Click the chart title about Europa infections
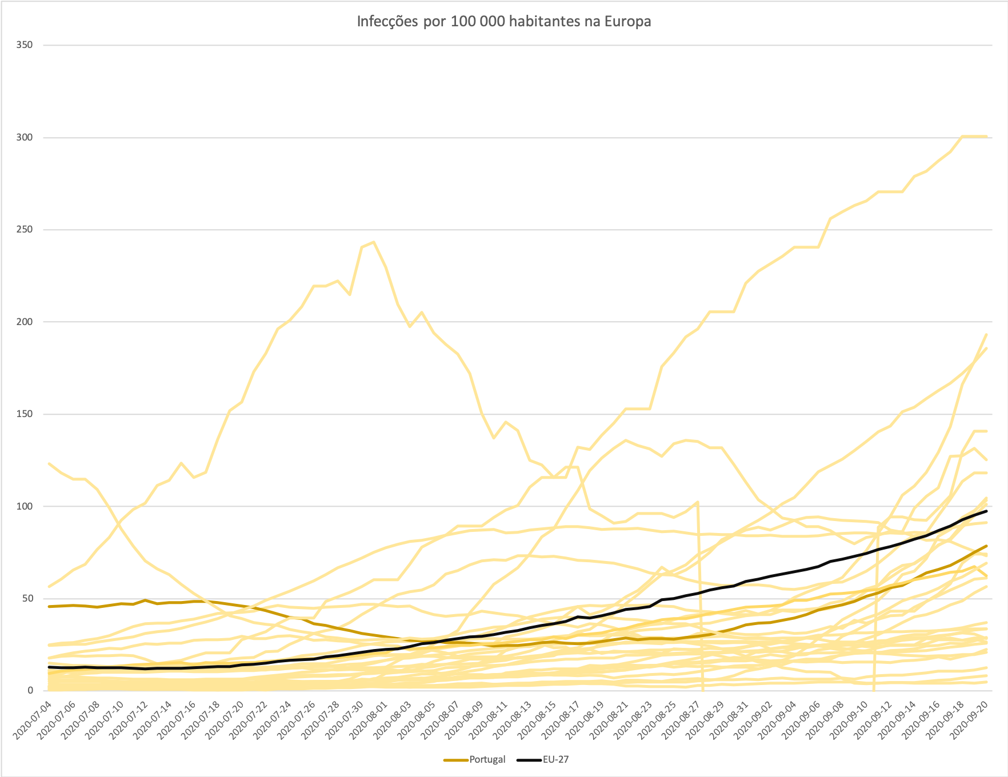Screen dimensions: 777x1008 tap(503, 22)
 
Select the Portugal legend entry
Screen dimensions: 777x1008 tap(487, 759)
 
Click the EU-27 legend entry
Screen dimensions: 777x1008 tap(555, 759)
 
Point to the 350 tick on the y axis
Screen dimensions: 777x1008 tap(25, 45)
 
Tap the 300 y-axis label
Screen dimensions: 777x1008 tap(25, 138)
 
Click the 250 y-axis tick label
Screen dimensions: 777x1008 tap(25, 230)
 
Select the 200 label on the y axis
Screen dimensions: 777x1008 tap(25, 322)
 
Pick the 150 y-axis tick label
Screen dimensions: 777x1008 tap(25, 414)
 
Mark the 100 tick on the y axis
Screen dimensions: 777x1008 tap(25, 506)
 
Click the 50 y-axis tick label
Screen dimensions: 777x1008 tap(27, 599)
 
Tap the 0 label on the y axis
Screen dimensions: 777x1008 tap(30, 691)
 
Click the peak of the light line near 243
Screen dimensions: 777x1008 tap(374, 242)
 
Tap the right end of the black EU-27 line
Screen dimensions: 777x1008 tap(986, 511)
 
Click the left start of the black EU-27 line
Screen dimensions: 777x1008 tap(50, 667)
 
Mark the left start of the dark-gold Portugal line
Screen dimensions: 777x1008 tap(50, 606)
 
